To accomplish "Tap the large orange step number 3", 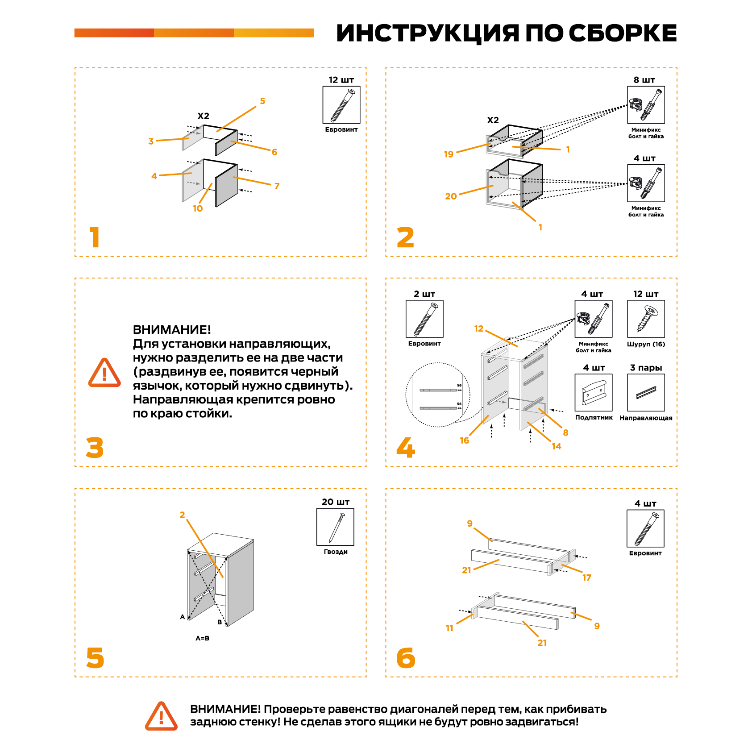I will click(95, 448).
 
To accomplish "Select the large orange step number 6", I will click(406, 658).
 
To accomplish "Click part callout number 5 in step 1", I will click(262, 101).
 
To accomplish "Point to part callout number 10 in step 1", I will click(198, 208).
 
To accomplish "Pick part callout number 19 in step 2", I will click(449, 154).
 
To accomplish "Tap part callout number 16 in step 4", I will click(464, 440).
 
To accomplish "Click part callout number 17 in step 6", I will click(586, 578).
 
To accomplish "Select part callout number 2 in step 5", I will click(182, 515).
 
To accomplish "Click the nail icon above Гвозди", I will click(335, 527).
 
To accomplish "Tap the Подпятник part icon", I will click(593, 392).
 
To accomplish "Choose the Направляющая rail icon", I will click(646, 392).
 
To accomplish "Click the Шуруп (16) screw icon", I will click(646, 319).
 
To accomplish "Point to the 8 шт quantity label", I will click(644, 80).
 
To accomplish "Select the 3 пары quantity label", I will click(646, 368).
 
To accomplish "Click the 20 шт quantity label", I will click(335, 502).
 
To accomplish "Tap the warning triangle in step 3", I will click(104, 373).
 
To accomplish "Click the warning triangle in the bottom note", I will click(161, 716).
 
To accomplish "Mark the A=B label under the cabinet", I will click(202, 638).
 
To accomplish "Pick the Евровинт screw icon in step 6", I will click(645, 528).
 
